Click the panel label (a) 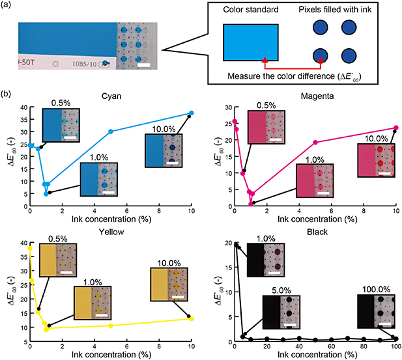coord(8,7)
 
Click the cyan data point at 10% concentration coord(191,113)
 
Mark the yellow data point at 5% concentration coord(111,325)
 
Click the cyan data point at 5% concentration coord(111,132)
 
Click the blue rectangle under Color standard coord(250,43)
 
